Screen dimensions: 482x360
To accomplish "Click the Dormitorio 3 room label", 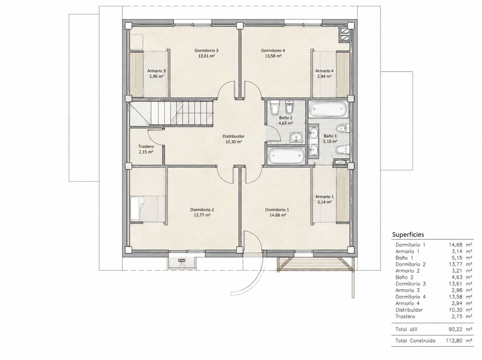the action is pyautogui.click(x=206, y=51).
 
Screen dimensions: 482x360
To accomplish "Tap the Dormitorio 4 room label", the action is pyautogui.click(x=273, y=51).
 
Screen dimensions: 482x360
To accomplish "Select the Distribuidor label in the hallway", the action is pyautogui.click(x=233, y=136).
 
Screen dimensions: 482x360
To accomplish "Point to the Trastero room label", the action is pyautogui.click(x=146, y=146).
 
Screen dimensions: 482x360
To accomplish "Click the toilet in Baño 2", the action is pyautogui.click(x=274, y=107).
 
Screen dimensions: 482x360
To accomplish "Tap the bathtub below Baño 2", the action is pyautogui.click(x=286, y=156).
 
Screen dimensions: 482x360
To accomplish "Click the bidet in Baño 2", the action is pyautogui.click(x=289, y=107).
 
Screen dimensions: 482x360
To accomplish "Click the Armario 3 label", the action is pyautogui.click(x=156, y=71).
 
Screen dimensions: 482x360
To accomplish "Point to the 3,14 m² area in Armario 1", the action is pyautogui.click(x=324, y=202).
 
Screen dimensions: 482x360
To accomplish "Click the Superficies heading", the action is pyautogui.click(x=408, y=235).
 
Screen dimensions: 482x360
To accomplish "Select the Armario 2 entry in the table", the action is pyautogui.click(x=407, y=271).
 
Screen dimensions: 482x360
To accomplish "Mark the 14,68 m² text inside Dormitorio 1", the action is pyautogui.click(x=278, y=215).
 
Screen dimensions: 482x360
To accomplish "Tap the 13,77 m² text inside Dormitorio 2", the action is pyautogui.click(x=202, y=215).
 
